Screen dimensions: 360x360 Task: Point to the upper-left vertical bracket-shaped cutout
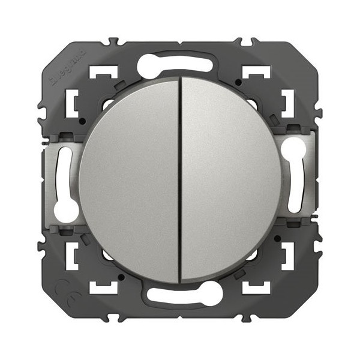click(73, 103)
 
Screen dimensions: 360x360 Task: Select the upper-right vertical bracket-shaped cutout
click(287, 103)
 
